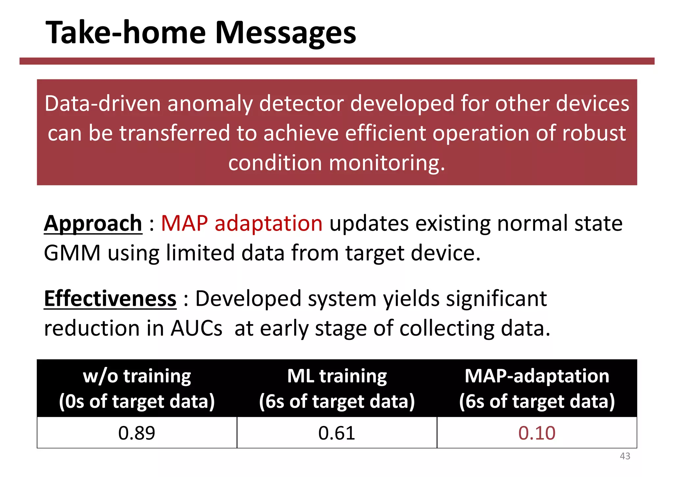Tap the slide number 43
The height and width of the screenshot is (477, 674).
(625, 456)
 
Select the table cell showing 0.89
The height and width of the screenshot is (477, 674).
(137, 433)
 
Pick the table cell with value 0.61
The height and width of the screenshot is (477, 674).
(337, 433)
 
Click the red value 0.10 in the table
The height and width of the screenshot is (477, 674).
(537, 433)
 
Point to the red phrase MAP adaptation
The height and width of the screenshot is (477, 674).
(242, 223)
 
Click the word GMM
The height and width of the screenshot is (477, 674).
(72, 253)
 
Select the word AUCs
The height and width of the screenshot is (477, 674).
(196, 328)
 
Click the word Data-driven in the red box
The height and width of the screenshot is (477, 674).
(102, 104)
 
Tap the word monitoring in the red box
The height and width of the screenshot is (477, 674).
(387, 163)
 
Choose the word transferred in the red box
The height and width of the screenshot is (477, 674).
(174, 133)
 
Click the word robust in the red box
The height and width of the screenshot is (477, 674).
(593, 133)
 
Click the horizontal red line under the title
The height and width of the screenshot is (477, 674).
(337, 61)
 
